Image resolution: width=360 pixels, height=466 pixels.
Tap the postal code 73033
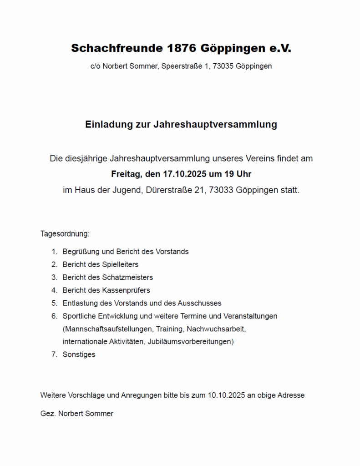tap(221, 190)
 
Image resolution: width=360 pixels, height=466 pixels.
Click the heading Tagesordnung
tap(65, 234)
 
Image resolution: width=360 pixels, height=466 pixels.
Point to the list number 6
tap(54, 316)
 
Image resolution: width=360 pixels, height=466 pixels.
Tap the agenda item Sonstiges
tap(79, 355)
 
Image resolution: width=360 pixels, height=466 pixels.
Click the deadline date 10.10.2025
tap(227, 395)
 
